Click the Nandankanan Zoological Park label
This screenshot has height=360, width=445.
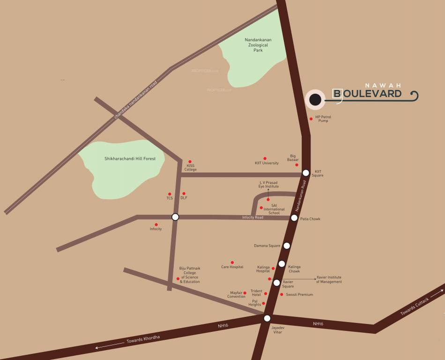pos(258,45)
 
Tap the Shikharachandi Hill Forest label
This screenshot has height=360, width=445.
pos(130,159)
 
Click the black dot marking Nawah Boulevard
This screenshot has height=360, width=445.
pos(315,99)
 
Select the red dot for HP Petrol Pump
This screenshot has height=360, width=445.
pos(311,119)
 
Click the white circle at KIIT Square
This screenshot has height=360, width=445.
pos(306,173)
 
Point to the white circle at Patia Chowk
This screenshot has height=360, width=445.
pos(294,217)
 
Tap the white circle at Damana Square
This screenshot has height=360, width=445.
pos(287,246)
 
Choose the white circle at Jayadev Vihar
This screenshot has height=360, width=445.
pos(267,318)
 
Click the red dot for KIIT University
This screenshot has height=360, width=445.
pos(265,158)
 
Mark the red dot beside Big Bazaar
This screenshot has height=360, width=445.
pos(297,165)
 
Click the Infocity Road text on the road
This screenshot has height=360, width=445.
pos(252,217)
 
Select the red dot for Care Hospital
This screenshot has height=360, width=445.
pos(232,262)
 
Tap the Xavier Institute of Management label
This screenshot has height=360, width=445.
pos(329,279)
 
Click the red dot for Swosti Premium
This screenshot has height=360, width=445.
pos(282,294)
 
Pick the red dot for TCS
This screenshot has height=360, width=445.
pos(170,194)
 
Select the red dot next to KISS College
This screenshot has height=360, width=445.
pos(190,161)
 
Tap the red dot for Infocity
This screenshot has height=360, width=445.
pos(156,225)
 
